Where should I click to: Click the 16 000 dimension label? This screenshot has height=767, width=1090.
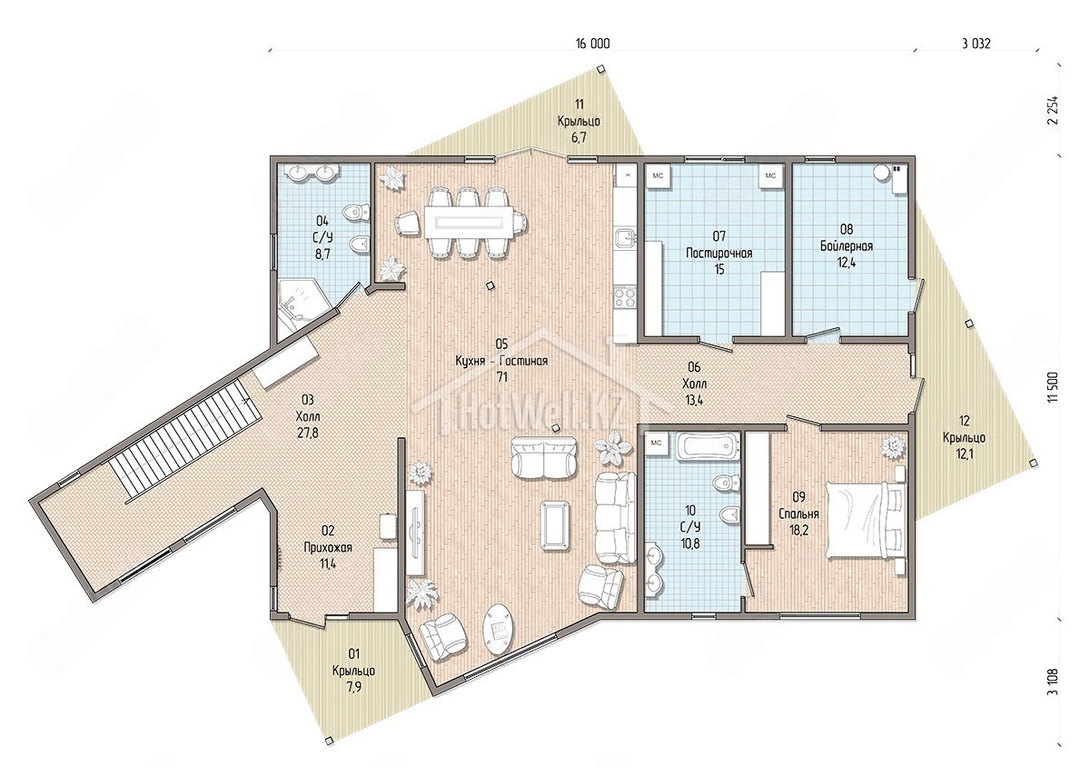coord(592,45)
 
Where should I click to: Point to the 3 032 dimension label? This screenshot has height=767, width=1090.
coord(976,45)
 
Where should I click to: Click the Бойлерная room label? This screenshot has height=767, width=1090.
coord(847,246)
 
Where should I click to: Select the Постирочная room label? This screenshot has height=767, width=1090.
coord(718,254)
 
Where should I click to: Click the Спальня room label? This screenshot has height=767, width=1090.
coord(798,513)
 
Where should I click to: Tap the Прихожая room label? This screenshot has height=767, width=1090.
coord(328,547)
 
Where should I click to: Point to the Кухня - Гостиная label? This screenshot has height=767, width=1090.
coord(501,361)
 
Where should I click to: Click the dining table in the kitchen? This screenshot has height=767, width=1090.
coord(469,223)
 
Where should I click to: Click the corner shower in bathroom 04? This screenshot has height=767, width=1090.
coord(302,301)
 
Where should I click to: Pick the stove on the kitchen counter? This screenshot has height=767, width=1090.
coord(624,297)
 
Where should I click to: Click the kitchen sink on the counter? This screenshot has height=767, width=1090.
coord(624,239)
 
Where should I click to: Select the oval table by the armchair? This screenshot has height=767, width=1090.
coord(499,632)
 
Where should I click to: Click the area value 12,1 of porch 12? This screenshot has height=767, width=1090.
coord(964,453)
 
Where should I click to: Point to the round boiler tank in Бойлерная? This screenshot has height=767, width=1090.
coord(880,173)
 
